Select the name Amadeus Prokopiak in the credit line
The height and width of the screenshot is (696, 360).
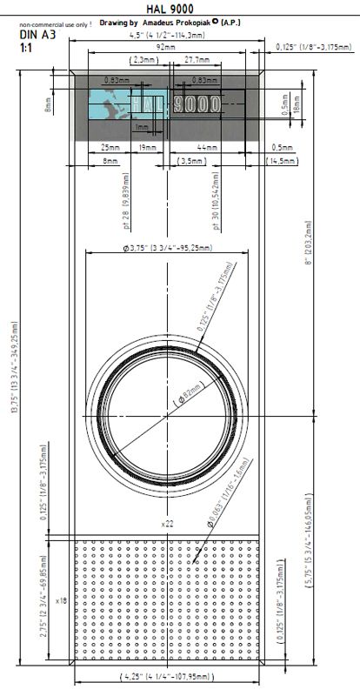(x=180, y=21)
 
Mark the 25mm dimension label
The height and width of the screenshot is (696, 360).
(x=110, y=148)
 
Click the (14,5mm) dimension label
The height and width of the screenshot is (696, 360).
(x=280, y=161)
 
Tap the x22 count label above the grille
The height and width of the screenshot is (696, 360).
(x=166, y=524)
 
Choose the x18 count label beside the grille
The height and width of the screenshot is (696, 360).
(x=61, y=600)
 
